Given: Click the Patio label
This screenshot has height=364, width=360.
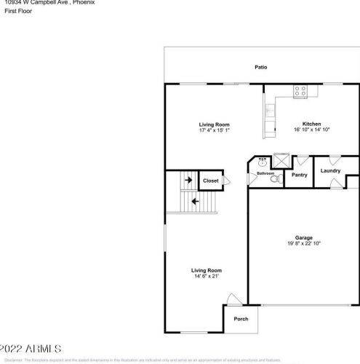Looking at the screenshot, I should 260,68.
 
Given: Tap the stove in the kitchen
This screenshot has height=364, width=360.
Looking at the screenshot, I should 300,92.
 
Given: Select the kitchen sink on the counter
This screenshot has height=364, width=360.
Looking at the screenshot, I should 269,111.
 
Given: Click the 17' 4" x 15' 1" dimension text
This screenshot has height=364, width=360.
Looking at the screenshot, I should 215,130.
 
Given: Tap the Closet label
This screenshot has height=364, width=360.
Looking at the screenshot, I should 210,181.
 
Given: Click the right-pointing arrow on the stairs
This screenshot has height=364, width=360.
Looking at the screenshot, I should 188,180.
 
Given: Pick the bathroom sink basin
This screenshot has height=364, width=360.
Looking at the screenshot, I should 262,159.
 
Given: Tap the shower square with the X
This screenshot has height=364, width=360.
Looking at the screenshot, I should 281,160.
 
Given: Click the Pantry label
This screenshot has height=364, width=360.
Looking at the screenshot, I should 299,175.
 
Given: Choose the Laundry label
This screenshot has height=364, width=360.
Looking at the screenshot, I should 330,171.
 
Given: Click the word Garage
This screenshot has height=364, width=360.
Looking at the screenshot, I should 304,238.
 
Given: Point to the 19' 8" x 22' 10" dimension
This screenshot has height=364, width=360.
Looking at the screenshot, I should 304,244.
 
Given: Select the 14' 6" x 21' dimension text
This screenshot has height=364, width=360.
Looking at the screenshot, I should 207,276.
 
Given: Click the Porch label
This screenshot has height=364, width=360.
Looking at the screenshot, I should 240,320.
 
